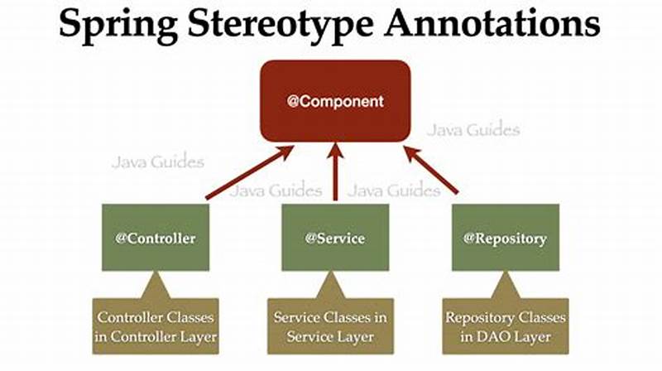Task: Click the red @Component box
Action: (x=335, y=102)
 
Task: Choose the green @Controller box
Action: (x=156, y=238)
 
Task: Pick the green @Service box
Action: (x=335, y=238)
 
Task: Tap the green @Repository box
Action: (x=506, y=238)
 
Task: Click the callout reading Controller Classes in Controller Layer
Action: (x=156, y=326)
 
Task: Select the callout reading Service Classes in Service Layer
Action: (x=335, y=326)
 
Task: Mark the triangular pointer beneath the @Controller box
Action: (x=156, y=286)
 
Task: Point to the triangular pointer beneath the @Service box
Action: (x=335, y=286)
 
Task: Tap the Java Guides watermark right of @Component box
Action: (x=474, y=129)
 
